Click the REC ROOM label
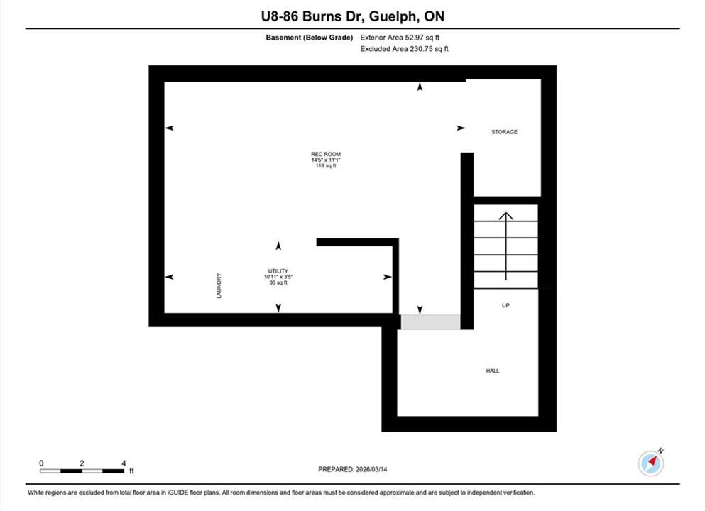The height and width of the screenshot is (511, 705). pos(326,154)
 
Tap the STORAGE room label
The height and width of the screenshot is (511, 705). pos(504,132)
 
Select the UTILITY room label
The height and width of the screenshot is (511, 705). pos(278,271)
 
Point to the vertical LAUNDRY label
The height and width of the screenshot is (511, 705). pos(219,286)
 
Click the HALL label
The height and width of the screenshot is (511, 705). pos(492,370)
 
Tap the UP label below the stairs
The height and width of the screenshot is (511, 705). pos(505,305)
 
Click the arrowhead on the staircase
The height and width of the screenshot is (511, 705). pos(505,216)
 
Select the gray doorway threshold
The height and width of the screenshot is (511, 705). pos(430,322)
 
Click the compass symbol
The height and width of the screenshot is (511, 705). pos(650,463)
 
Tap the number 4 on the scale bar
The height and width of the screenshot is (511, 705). pos(124,463)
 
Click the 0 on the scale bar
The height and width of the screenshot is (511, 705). pos(41,463)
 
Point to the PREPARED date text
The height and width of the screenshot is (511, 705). pos(352,469)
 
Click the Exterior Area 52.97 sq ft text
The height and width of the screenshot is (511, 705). pos(400,38)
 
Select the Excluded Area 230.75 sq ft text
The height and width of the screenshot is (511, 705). pos(404,49)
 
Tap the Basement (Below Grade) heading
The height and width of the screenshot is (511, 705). pos(310,38)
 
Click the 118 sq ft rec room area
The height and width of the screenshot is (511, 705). pos(326,166)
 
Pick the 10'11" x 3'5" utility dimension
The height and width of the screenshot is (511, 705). pos(278,277)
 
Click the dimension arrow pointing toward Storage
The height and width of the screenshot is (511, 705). pos(461,128)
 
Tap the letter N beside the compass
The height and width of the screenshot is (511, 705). pos(660,451)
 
